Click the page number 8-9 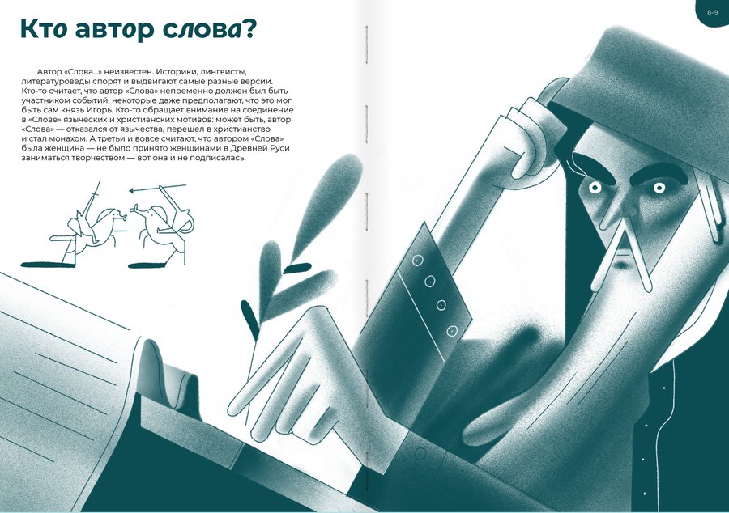pos(712,12)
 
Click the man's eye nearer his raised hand pos(595,188)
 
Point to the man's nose pos(623,209)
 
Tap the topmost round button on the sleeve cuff pos(417,261)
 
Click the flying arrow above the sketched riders pos(157,188)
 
